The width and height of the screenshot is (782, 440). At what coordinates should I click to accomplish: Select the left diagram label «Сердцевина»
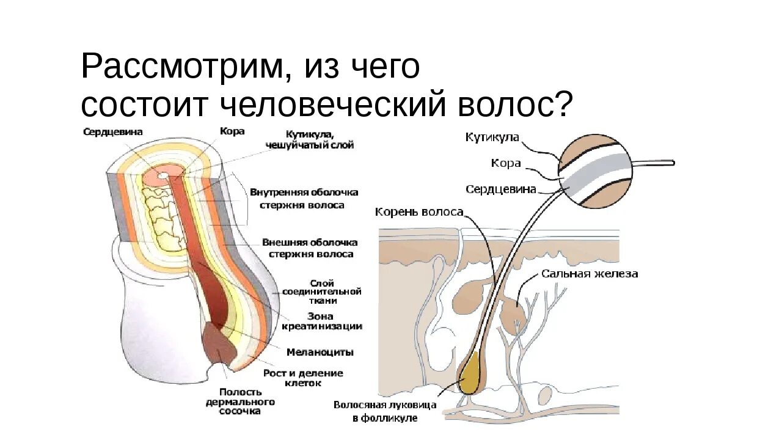(x=113, y=132)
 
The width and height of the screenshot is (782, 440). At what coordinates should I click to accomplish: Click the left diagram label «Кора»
(x=232, y=131)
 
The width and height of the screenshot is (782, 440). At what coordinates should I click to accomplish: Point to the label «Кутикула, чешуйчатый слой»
(x=310, y=139)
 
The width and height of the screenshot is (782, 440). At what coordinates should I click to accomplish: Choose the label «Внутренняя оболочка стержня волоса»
(x=304, y=199)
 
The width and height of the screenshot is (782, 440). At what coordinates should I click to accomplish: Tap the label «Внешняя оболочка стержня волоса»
(x=309, y=248)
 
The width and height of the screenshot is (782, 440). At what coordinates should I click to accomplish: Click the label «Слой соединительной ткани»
(x=323, y=291)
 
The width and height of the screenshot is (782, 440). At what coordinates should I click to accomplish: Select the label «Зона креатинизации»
(x=322, y=321)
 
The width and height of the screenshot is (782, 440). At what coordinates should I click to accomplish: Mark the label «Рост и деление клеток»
(x=303, y=378)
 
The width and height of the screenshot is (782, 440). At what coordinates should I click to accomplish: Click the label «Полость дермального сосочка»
(x=240, y=401)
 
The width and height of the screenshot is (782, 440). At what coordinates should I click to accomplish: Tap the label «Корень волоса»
(x=419, y=212)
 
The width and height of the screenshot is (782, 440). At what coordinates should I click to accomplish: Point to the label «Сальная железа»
(x=590, y=274)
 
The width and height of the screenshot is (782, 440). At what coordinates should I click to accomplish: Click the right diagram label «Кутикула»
(x=492, y=137)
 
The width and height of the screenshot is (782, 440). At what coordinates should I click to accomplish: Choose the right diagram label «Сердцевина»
(x=500, y=189)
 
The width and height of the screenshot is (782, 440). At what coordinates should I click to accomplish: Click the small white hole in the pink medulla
(x=163, y=175)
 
